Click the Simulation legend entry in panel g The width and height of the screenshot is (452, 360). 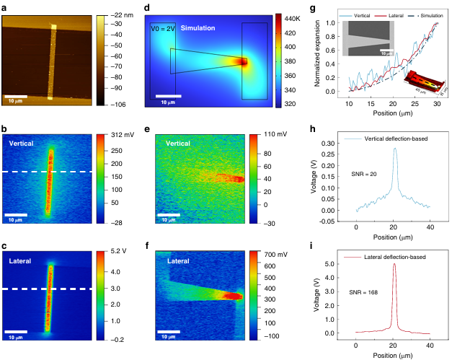click(x=429, y=14)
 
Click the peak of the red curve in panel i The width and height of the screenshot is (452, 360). click(x=394, y=264)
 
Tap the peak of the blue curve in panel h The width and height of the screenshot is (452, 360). click(x=394, y=149)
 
